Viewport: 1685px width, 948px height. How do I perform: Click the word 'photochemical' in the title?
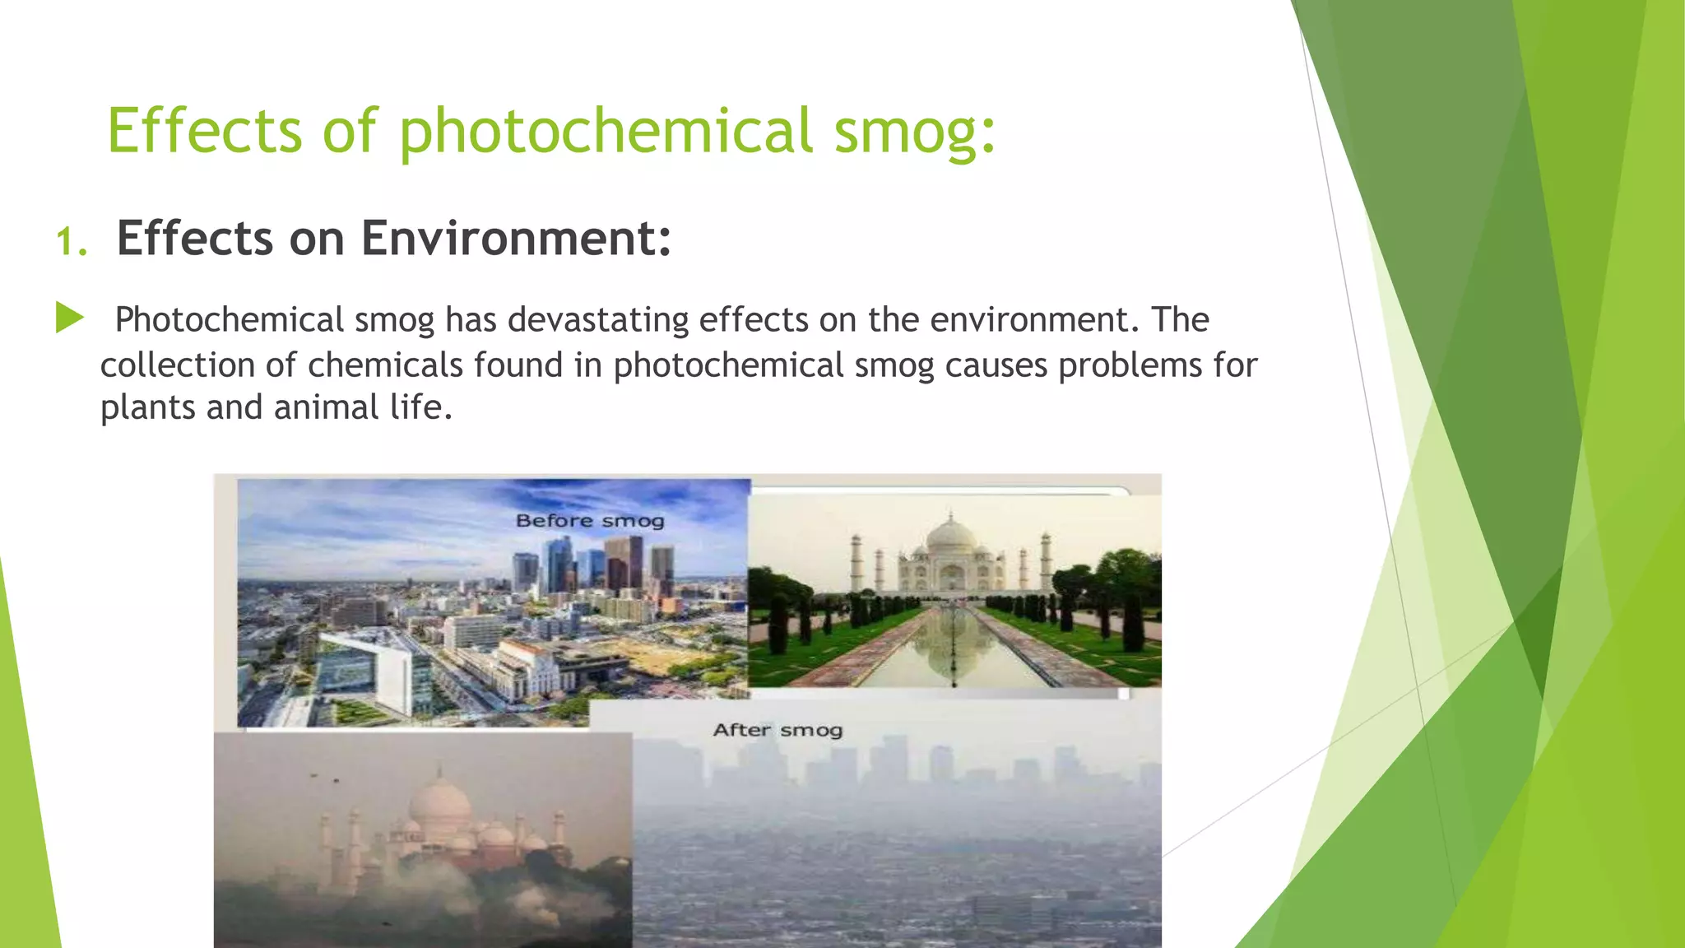tap(606, 132)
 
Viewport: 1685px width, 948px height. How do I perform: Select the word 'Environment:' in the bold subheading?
tap(516, 239)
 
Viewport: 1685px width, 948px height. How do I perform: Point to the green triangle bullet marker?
tap(69, 318)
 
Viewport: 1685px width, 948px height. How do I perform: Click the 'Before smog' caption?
tap(589, 521)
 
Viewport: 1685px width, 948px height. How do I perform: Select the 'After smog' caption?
tap(778, 730)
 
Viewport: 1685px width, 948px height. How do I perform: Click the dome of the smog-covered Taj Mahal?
tap(439, 802)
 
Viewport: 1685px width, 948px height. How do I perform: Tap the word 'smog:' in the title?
tap(914, 132)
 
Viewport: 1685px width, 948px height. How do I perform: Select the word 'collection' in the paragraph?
tap(177, 365)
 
